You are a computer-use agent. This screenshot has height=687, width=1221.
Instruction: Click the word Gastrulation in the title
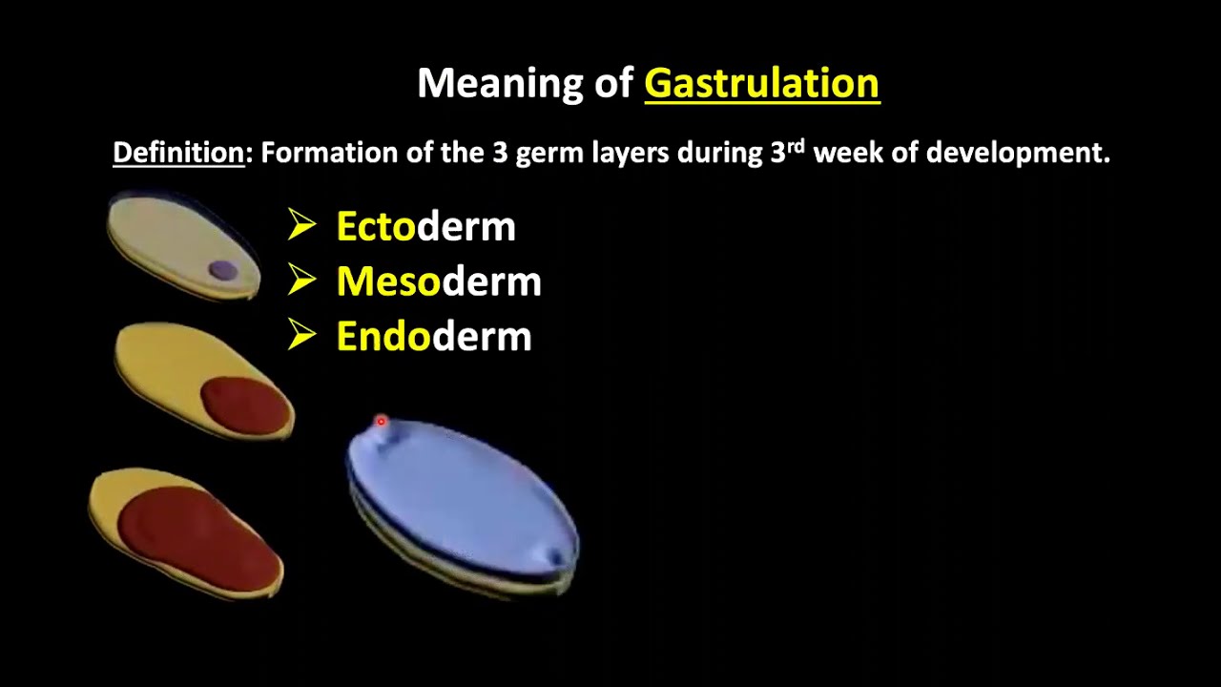point(761,84)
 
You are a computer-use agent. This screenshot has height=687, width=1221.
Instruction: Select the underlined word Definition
point(178,153)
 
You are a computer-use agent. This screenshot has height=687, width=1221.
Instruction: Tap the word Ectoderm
point(425,227)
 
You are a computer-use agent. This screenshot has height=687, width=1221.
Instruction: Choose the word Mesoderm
point(439,281)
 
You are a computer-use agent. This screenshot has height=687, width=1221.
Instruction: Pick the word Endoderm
point(434,337)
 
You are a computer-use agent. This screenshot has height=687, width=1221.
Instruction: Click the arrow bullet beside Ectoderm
point(301,226)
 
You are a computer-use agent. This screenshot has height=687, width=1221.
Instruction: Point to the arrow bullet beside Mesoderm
point(301,281)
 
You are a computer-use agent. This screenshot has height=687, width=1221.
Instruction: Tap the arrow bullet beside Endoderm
point(301,336)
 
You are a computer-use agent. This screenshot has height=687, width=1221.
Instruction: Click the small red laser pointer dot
point(381,421)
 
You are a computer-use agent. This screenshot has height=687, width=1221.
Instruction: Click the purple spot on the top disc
point(222,271)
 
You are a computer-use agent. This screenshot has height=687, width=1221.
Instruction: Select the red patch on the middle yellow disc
point(245,404)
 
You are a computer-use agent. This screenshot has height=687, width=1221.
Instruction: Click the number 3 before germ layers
point(500,153)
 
